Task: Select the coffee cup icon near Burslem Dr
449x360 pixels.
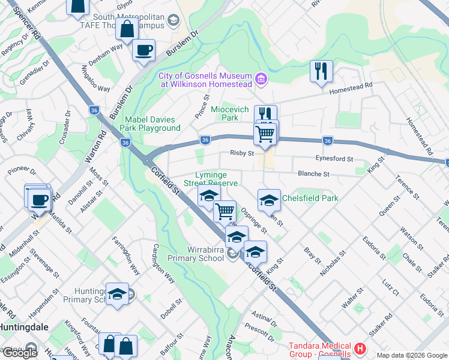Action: tap(143, 51)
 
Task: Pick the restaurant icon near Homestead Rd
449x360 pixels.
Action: tap(321, 71)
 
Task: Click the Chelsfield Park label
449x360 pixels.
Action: tap(310, 198)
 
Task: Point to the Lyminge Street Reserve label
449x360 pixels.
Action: tap(211, 179)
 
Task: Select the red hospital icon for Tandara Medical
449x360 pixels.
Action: tap(360, 348)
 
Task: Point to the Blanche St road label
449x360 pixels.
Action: tap(314, 173)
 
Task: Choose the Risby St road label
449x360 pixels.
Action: tap(243, 153)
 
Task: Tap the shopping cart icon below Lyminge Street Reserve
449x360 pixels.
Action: tap(224, 211)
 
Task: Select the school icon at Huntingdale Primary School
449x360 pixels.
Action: tap(117, 294)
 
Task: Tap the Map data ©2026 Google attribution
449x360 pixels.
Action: tap(412, 355)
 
